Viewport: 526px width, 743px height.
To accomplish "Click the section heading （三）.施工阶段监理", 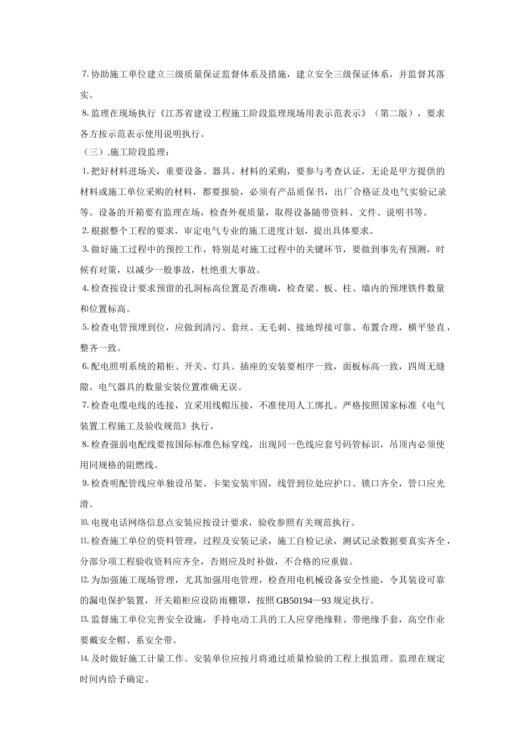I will point(124,151).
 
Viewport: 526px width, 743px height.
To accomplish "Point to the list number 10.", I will point(84,522).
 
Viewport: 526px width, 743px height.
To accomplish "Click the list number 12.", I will point(84,580).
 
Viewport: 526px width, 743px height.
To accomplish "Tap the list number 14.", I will point(84,659).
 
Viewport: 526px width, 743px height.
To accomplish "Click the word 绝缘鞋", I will point(331,620).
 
